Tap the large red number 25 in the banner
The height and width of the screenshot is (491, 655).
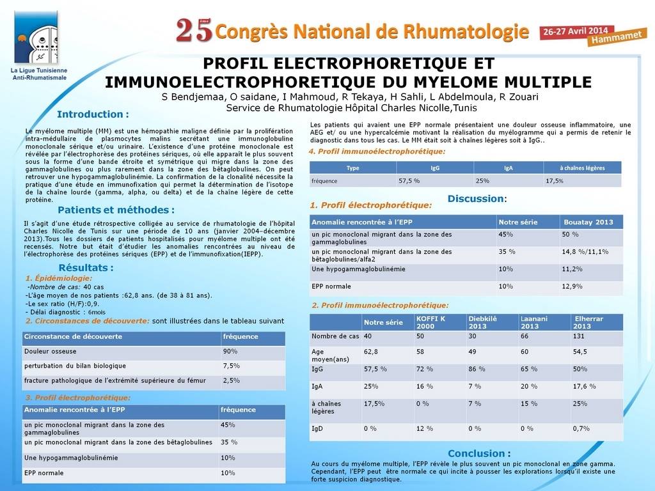point(194,30)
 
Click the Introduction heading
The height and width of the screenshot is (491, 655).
point(93,114)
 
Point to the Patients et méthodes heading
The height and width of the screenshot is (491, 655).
point(116,210)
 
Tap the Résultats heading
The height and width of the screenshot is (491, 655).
point(86,267)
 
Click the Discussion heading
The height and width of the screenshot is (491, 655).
point(477,199)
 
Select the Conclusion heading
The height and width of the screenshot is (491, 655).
point(479,453)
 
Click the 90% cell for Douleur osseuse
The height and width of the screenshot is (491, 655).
point(230,351)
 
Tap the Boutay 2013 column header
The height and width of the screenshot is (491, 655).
point(588,222)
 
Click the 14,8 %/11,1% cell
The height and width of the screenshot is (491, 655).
point(585,252)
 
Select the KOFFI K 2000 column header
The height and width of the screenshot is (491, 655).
point(431,322)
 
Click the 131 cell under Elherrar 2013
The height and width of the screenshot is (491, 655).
point(580,336)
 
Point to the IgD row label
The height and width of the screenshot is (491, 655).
point(317,428)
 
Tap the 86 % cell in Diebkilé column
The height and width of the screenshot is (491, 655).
point(477,370)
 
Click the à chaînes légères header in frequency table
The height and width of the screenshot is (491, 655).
point(581,168)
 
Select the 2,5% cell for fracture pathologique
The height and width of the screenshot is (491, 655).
point(231,380)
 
